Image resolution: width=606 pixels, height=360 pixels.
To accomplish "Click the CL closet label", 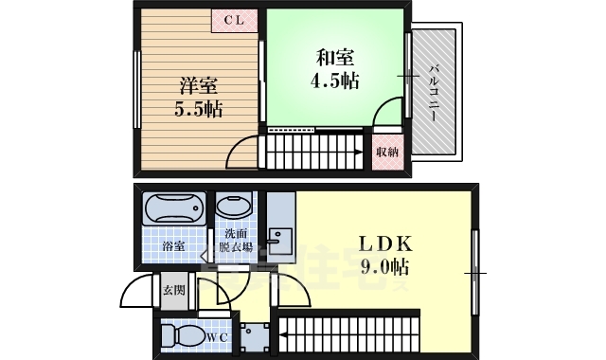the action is [x=233, y=19].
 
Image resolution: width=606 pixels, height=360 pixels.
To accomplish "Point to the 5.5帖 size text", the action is [x=197, y=109].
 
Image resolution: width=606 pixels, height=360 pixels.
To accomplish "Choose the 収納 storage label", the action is [x=386, y=152].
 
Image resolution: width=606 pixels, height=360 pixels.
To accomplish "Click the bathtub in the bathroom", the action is [x=173, y=208].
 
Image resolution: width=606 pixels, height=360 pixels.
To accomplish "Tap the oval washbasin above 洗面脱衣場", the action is [x=235, y=206].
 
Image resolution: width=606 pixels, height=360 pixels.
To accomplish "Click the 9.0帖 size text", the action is [x=382, y=264].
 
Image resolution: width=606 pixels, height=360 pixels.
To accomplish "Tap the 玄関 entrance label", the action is [x=173, y=290].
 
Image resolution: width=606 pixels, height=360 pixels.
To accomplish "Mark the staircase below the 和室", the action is [x=313, y=151].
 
